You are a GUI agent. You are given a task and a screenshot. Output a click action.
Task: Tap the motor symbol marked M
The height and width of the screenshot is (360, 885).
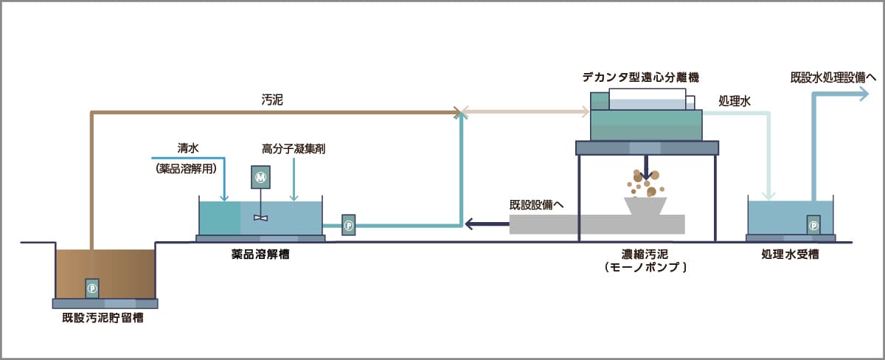tap(259, 177)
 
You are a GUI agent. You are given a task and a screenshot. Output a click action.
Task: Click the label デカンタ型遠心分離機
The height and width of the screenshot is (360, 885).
tap(639, 77)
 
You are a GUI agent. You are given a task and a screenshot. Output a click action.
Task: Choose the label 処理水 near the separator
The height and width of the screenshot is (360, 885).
tap(735, 101)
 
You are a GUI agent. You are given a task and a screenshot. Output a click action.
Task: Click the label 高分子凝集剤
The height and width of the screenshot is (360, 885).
tap(294, 148)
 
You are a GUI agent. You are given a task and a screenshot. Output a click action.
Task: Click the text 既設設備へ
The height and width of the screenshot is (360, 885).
tap(536, 204)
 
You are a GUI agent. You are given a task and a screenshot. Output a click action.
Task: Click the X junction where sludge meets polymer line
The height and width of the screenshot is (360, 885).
tap(461, 113)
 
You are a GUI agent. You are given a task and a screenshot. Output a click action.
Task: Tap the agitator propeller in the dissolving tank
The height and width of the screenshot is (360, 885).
tap(260, 217)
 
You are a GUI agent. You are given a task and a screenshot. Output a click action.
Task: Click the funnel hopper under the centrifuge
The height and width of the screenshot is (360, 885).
tap(645, 205)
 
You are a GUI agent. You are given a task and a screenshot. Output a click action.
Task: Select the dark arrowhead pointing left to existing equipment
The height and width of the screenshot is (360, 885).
tap(469, 224)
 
